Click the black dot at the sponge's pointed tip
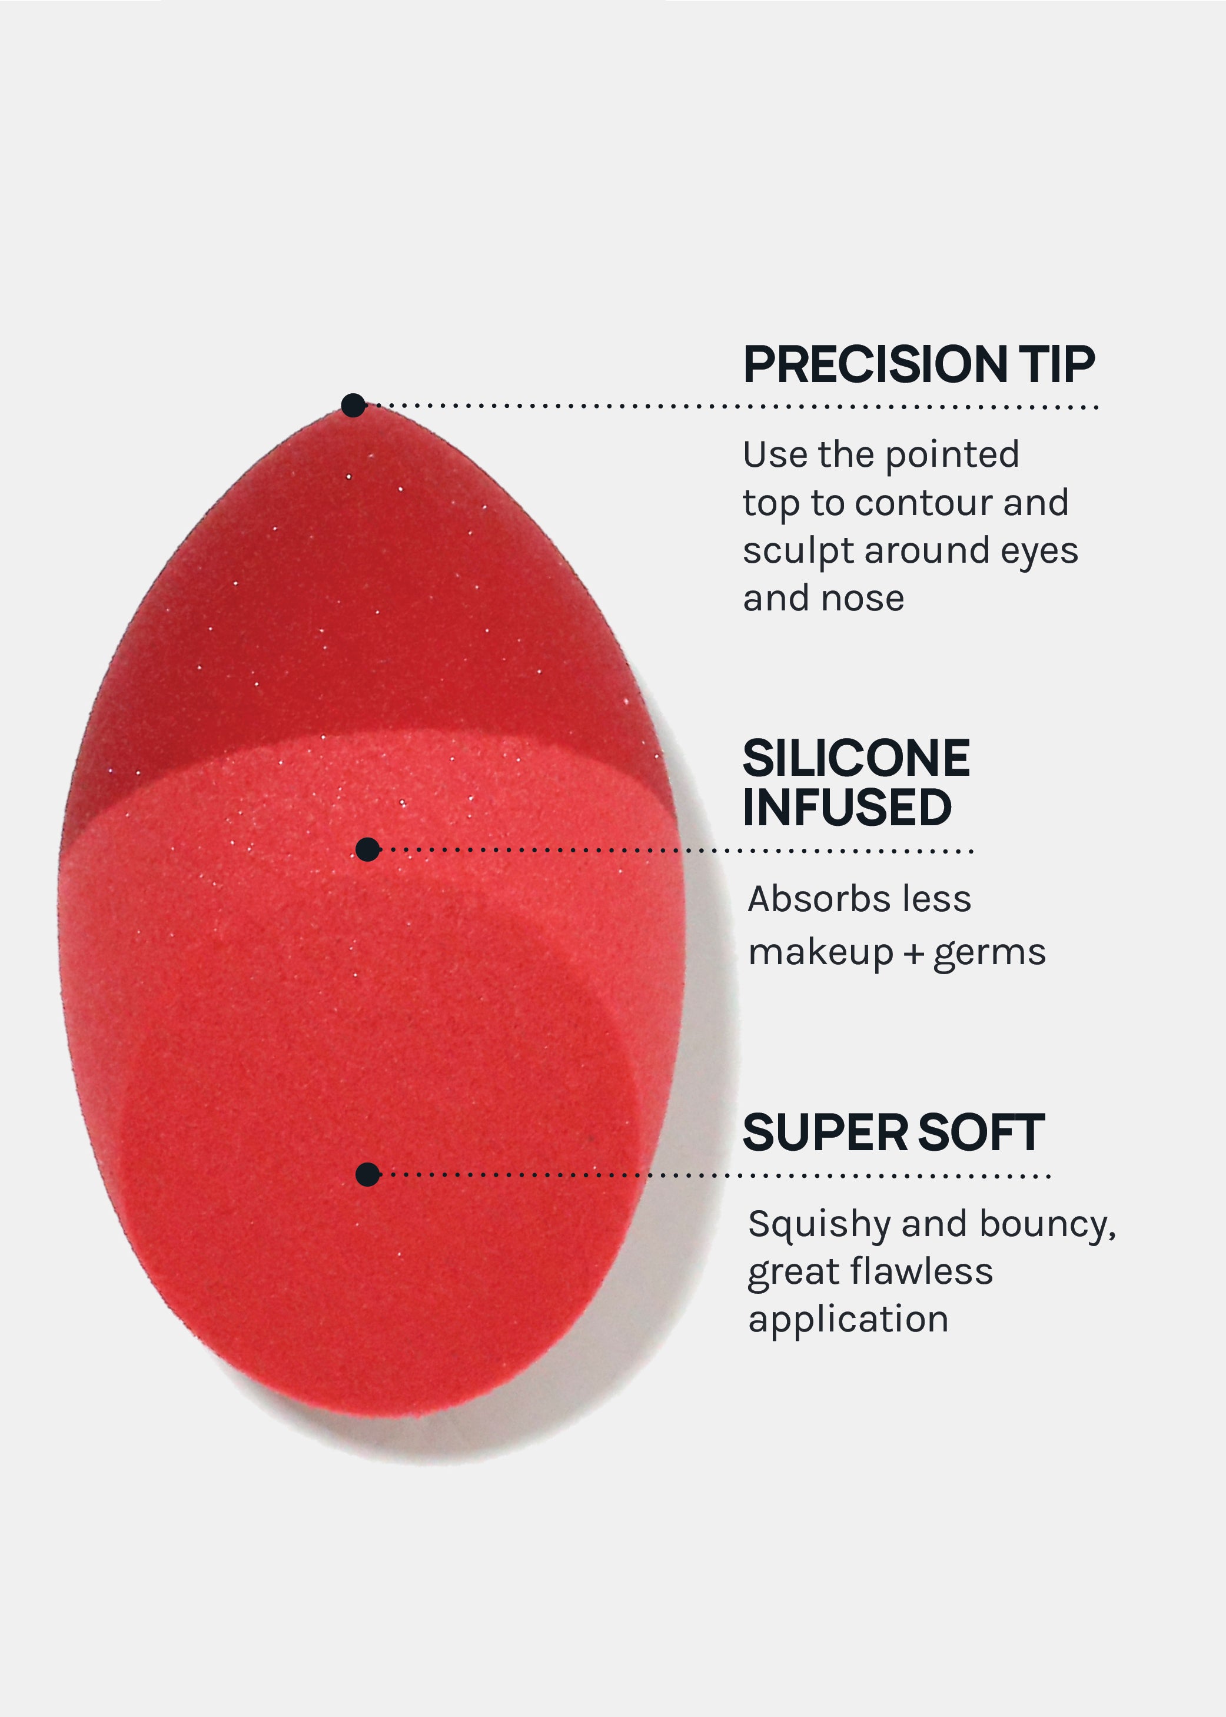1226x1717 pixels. click(x=353, y=405)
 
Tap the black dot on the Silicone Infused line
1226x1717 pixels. click(x=368, y=849)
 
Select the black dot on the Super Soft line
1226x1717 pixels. click(x=368, y=1174)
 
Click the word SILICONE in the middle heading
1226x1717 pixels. click(x=856, y=758)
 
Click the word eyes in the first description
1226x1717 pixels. click(x=1039, y=552)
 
